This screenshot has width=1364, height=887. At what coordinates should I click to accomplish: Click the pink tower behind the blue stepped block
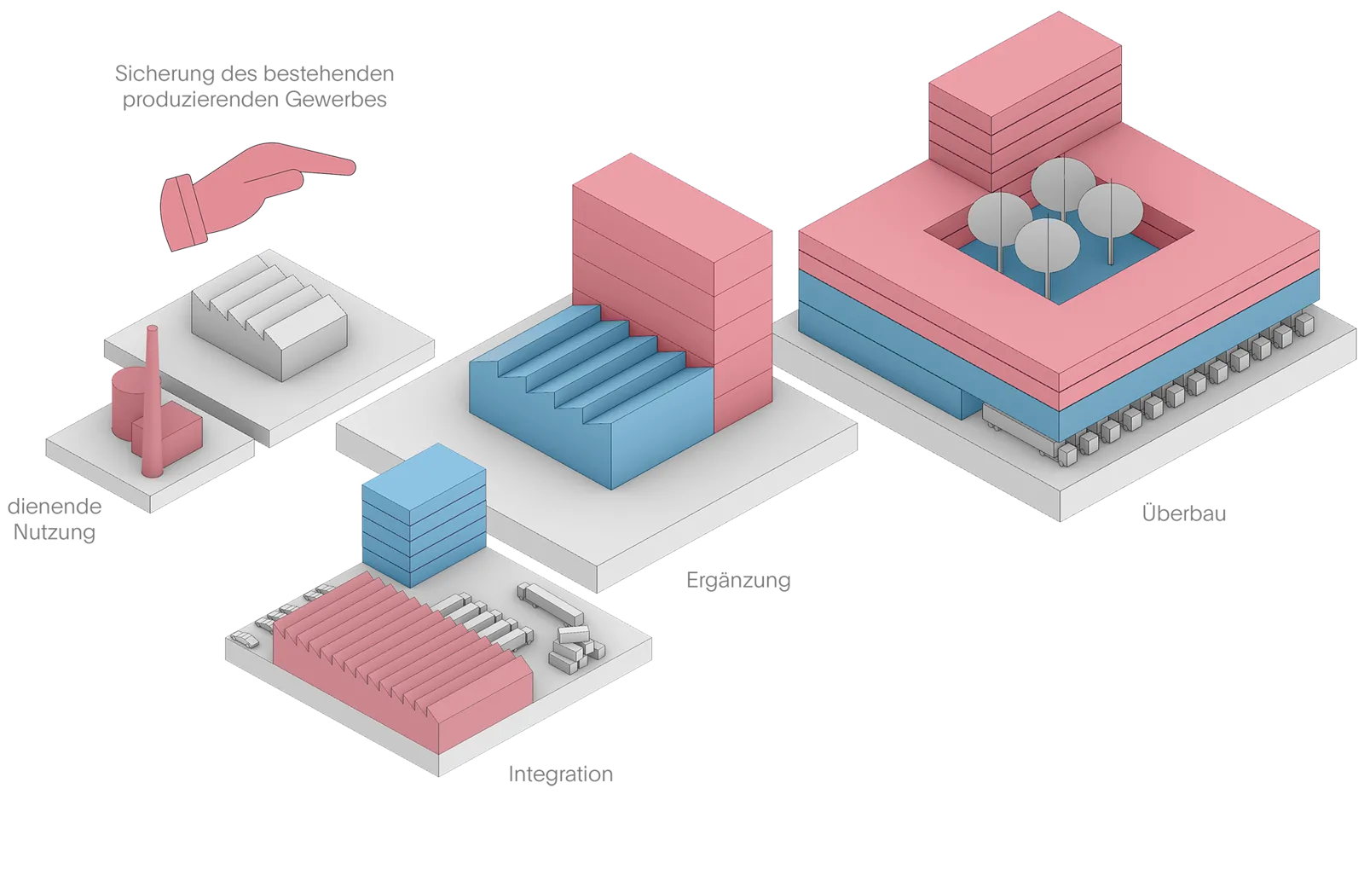pyautogui.click(x=673, y=256)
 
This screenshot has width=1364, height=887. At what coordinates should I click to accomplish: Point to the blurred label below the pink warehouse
pyautogui.click(x=559, y=774)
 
